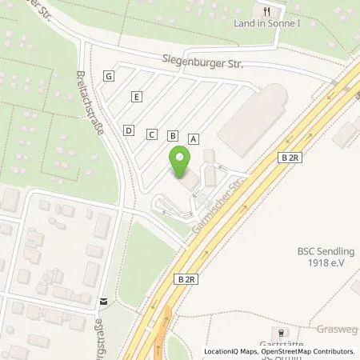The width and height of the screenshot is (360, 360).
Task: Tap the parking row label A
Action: point(193,138)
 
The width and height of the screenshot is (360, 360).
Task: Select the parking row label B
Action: point(172,136)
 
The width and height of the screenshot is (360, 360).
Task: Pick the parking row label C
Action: point(150,134)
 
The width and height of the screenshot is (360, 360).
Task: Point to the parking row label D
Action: point(128,130)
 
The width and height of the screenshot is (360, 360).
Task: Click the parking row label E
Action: point(138,97)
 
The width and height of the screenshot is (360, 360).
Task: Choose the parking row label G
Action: point(109,76)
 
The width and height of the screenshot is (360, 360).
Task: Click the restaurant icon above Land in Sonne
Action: point(268,11)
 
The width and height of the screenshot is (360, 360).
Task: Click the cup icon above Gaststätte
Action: point(281,332)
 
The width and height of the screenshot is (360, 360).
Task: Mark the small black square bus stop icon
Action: point(103,302)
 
